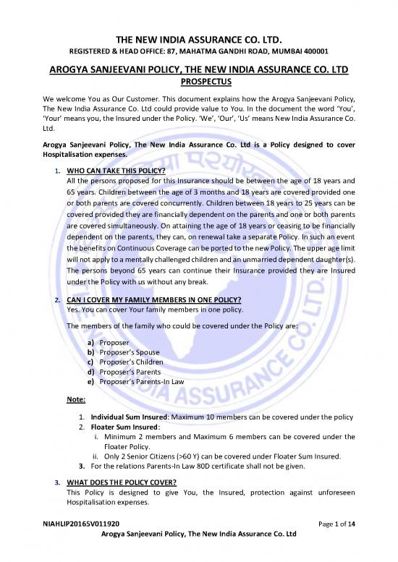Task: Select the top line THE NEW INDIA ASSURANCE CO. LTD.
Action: click(199, 38)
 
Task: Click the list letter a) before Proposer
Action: click(90, 341)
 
